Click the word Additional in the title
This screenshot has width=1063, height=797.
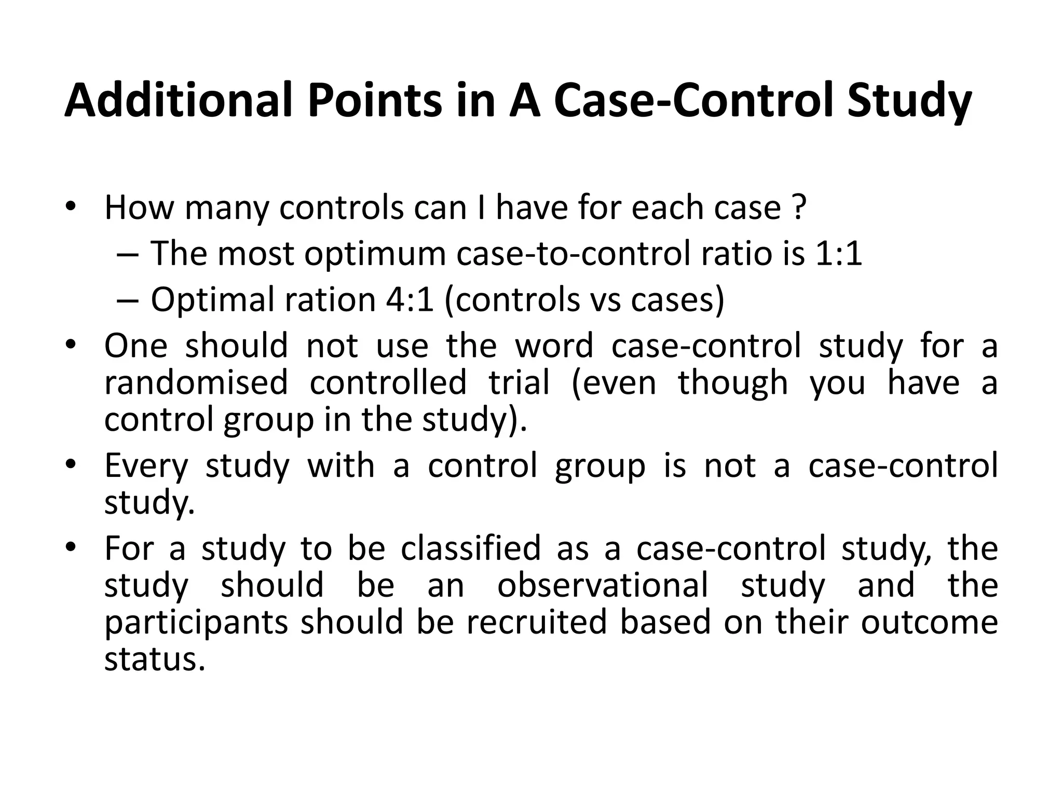point(178,100)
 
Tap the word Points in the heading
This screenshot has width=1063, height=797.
point(374,100)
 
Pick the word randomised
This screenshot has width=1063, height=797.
point(196,382)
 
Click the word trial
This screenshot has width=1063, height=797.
point(519,382)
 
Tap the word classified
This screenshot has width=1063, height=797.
point(470,548)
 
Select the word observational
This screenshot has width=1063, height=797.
point(603,585)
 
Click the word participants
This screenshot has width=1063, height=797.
point(196,623)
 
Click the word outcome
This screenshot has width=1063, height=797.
point(929,622)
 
